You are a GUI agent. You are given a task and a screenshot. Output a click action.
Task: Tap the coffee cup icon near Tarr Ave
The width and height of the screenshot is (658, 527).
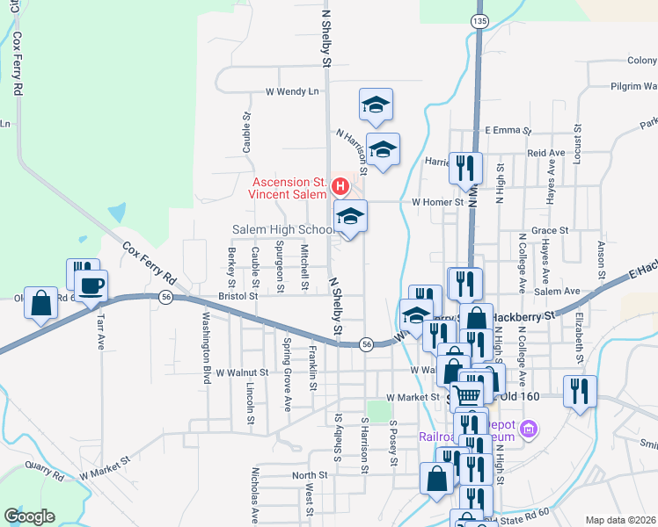pos(91,285)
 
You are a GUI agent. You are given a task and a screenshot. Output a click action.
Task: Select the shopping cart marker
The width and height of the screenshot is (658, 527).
pos(466,395)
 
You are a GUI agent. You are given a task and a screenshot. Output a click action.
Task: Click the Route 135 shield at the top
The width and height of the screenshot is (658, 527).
pos(478,20)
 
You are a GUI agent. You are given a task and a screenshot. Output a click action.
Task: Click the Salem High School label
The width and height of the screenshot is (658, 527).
pos(282,229)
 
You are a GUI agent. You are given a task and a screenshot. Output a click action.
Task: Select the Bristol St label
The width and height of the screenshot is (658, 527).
pos(238,297)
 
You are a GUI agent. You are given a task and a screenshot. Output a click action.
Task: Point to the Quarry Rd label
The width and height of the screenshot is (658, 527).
pos(45,471)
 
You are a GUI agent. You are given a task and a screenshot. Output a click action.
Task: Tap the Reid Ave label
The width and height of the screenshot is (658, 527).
pos(545,153)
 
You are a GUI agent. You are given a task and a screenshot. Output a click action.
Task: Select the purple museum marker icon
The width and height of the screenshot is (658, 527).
pos(529,430)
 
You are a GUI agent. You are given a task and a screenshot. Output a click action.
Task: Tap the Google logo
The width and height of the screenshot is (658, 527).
pos(29,516)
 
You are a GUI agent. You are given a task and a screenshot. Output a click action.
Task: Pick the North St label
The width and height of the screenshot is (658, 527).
pos(310,475)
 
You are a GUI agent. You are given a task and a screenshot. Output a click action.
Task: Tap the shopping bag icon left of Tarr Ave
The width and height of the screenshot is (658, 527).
pos(41,303)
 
